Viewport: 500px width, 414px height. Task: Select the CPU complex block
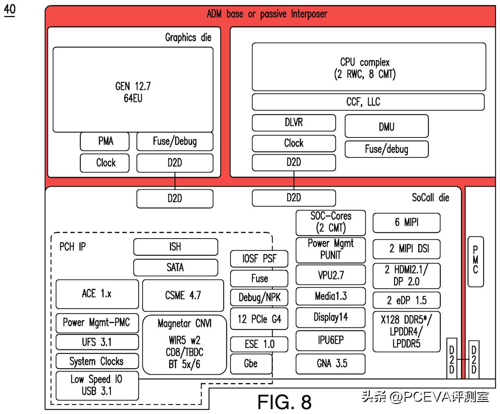point(369,67)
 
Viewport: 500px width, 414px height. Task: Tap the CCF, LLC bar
point(368,102)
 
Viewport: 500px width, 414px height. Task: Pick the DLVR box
point(294,123)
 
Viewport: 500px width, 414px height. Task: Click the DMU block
point(386,126)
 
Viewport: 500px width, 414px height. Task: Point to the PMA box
point(106,141)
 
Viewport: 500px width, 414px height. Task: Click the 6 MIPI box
point(406,223)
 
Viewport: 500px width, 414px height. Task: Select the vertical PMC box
point(475,261)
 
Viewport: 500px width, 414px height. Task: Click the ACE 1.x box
point(97,294)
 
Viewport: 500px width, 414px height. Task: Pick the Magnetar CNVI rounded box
point(184,344)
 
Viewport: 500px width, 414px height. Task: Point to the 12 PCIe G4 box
point(259,319)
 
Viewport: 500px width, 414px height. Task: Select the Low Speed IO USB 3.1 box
point(97,385)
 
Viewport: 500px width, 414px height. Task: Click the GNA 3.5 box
point(331,364)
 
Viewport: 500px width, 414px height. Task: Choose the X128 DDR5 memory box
point(406,331)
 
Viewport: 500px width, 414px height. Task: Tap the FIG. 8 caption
point(284,402)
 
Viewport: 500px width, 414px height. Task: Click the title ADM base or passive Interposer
point(267,14)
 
